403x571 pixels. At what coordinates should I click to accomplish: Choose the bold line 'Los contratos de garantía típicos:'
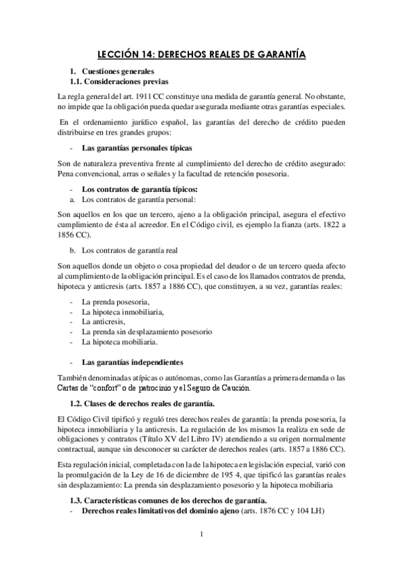point(139,189)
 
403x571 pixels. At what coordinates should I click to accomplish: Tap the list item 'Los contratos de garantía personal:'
point(138,200)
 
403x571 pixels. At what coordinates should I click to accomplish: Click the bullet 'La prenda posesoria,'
point(115,302)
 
